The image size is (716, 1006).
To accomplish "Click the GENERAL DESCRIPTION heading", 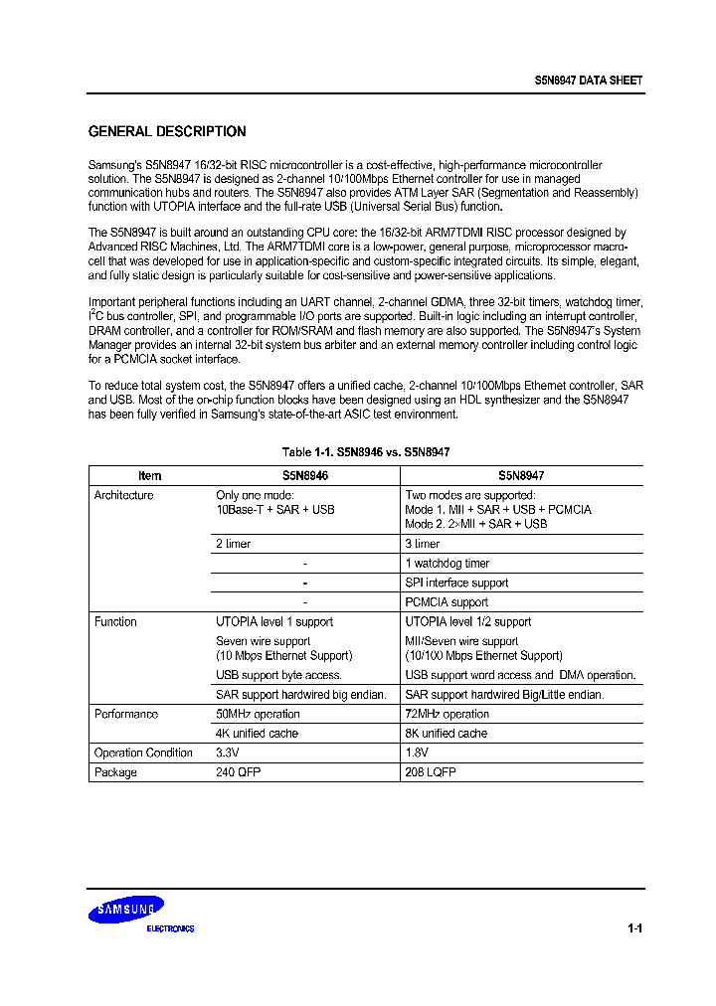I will [x=167, y=131].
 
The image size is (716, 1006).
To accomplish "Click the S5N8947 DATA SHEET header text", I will [x=587, y=81].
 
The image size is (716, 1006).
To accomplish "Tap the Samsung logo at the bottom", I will [x=126, y=910].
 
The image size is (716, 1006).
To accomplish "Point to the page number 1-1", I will [x=634, y=928].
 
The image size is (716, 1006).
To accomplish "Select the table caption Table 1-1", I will [x=366, y=452].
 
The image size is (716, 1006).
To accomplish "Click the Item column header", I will [x=149, y=476].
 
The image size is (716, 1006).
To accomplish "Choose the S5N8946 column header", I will [x=304, y=476].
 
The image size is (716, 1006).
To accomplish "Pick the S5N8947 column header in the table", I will [x=521, y=476].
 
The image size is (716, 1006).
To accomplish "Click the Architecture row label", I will [x=123, y=495].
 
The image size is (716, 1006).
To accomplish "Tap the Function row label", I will [x=115, y=622].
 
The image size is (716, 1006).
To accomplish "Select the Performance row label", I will [x=126, y=715].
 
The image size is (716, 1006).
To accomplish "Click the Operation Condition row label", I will [x=143, y=754].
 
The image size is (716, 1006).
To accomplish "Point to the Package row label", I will [x=115, y=772].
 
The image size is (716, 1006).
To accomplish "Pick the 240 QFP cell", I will [x=239, y=772].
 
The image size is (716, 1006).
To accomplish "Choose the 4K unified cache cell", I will [x=257, y=734].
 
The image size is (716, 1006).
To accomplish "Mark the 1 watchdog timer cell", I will [x=447, y=564].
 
